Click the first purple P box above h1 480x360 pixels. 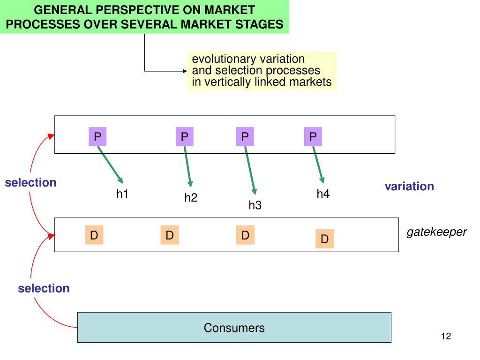pos(97,136)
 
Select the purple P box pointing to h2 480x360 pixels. pos(184,136)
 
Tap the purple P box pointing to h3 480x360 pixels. pos(245,136)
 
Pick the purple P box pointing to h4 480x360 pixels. pos(313,136)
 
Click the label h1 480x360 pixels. pos(122,194)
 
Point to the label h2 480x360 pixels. pos(191,197)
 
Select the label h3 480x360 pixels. pos(255,205)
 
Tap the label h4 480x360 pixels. pos(323,194)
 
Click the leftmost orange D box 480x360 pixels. pos(94,235)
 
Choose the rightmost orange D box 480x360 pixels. pos(324,239)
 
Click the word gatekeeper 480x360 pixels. pos(436,232)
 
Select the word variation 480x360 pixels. pos(409,186)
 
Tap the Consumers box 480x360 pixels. pos(234,327)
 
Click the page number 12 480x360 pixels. pos(446,336)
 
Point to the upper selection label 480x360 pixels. pos(30,182)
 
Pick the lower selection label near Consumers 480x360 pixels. pos(44,288)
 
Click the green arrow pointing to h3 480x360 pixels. pos(250,171)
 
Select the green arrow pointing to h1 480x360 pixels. pos(110,165)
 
